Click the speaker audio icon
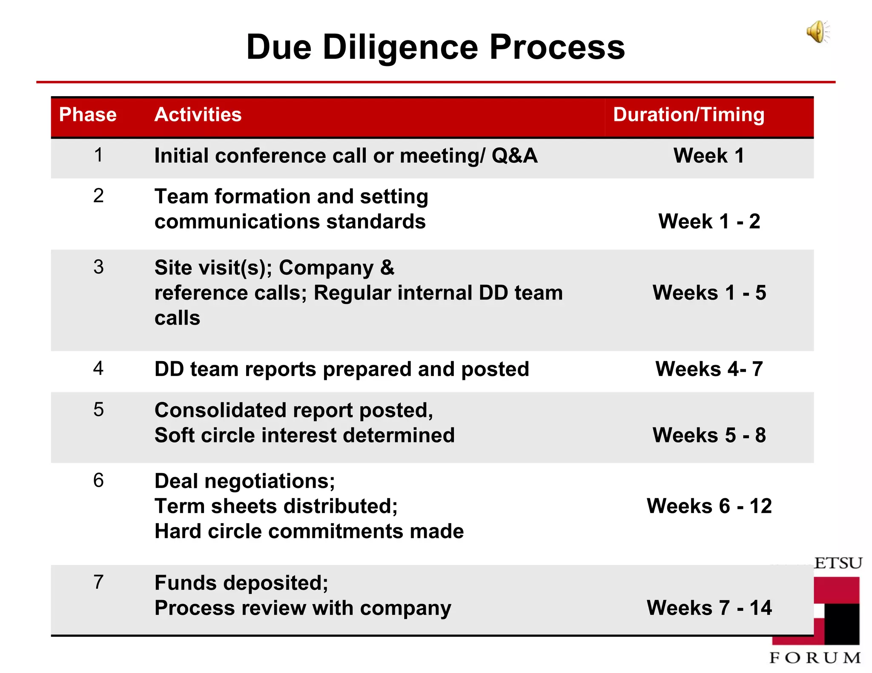click(x=817, y=32)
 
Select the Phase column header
click(x=88, y=114)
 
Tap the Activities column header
click(x=198, y=114)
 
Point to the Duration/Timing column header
click(x=688, y=114)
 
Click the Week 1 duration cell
click(x=708, y=155)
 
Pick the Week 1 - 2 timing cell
click(x=709, y=221)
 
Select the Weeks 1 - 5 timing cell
click(x=709, y=293)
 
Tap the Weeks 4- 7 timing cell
click(x=709, y=369)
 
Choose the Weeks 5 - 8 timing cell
click(x=709, y=435)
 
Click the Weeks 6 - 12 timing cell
click(x=709, y=506)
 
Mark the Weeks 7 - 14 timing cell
click(x=709, y=607)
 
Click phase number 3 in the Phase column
click(x=98, y=267)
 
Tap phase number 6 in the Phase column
click(x=98, y=480)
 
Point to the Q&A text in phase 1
click(x=514, y=155)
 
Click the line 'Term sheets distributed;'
click(x=276, y=506)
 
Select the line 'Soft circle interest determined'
click(x=304, y=435)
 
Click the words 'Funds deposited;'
click(x=241, y=583)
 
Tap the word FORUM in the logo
click(x=815, y=658)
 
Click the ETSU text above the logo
click(x=838, y=563)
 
